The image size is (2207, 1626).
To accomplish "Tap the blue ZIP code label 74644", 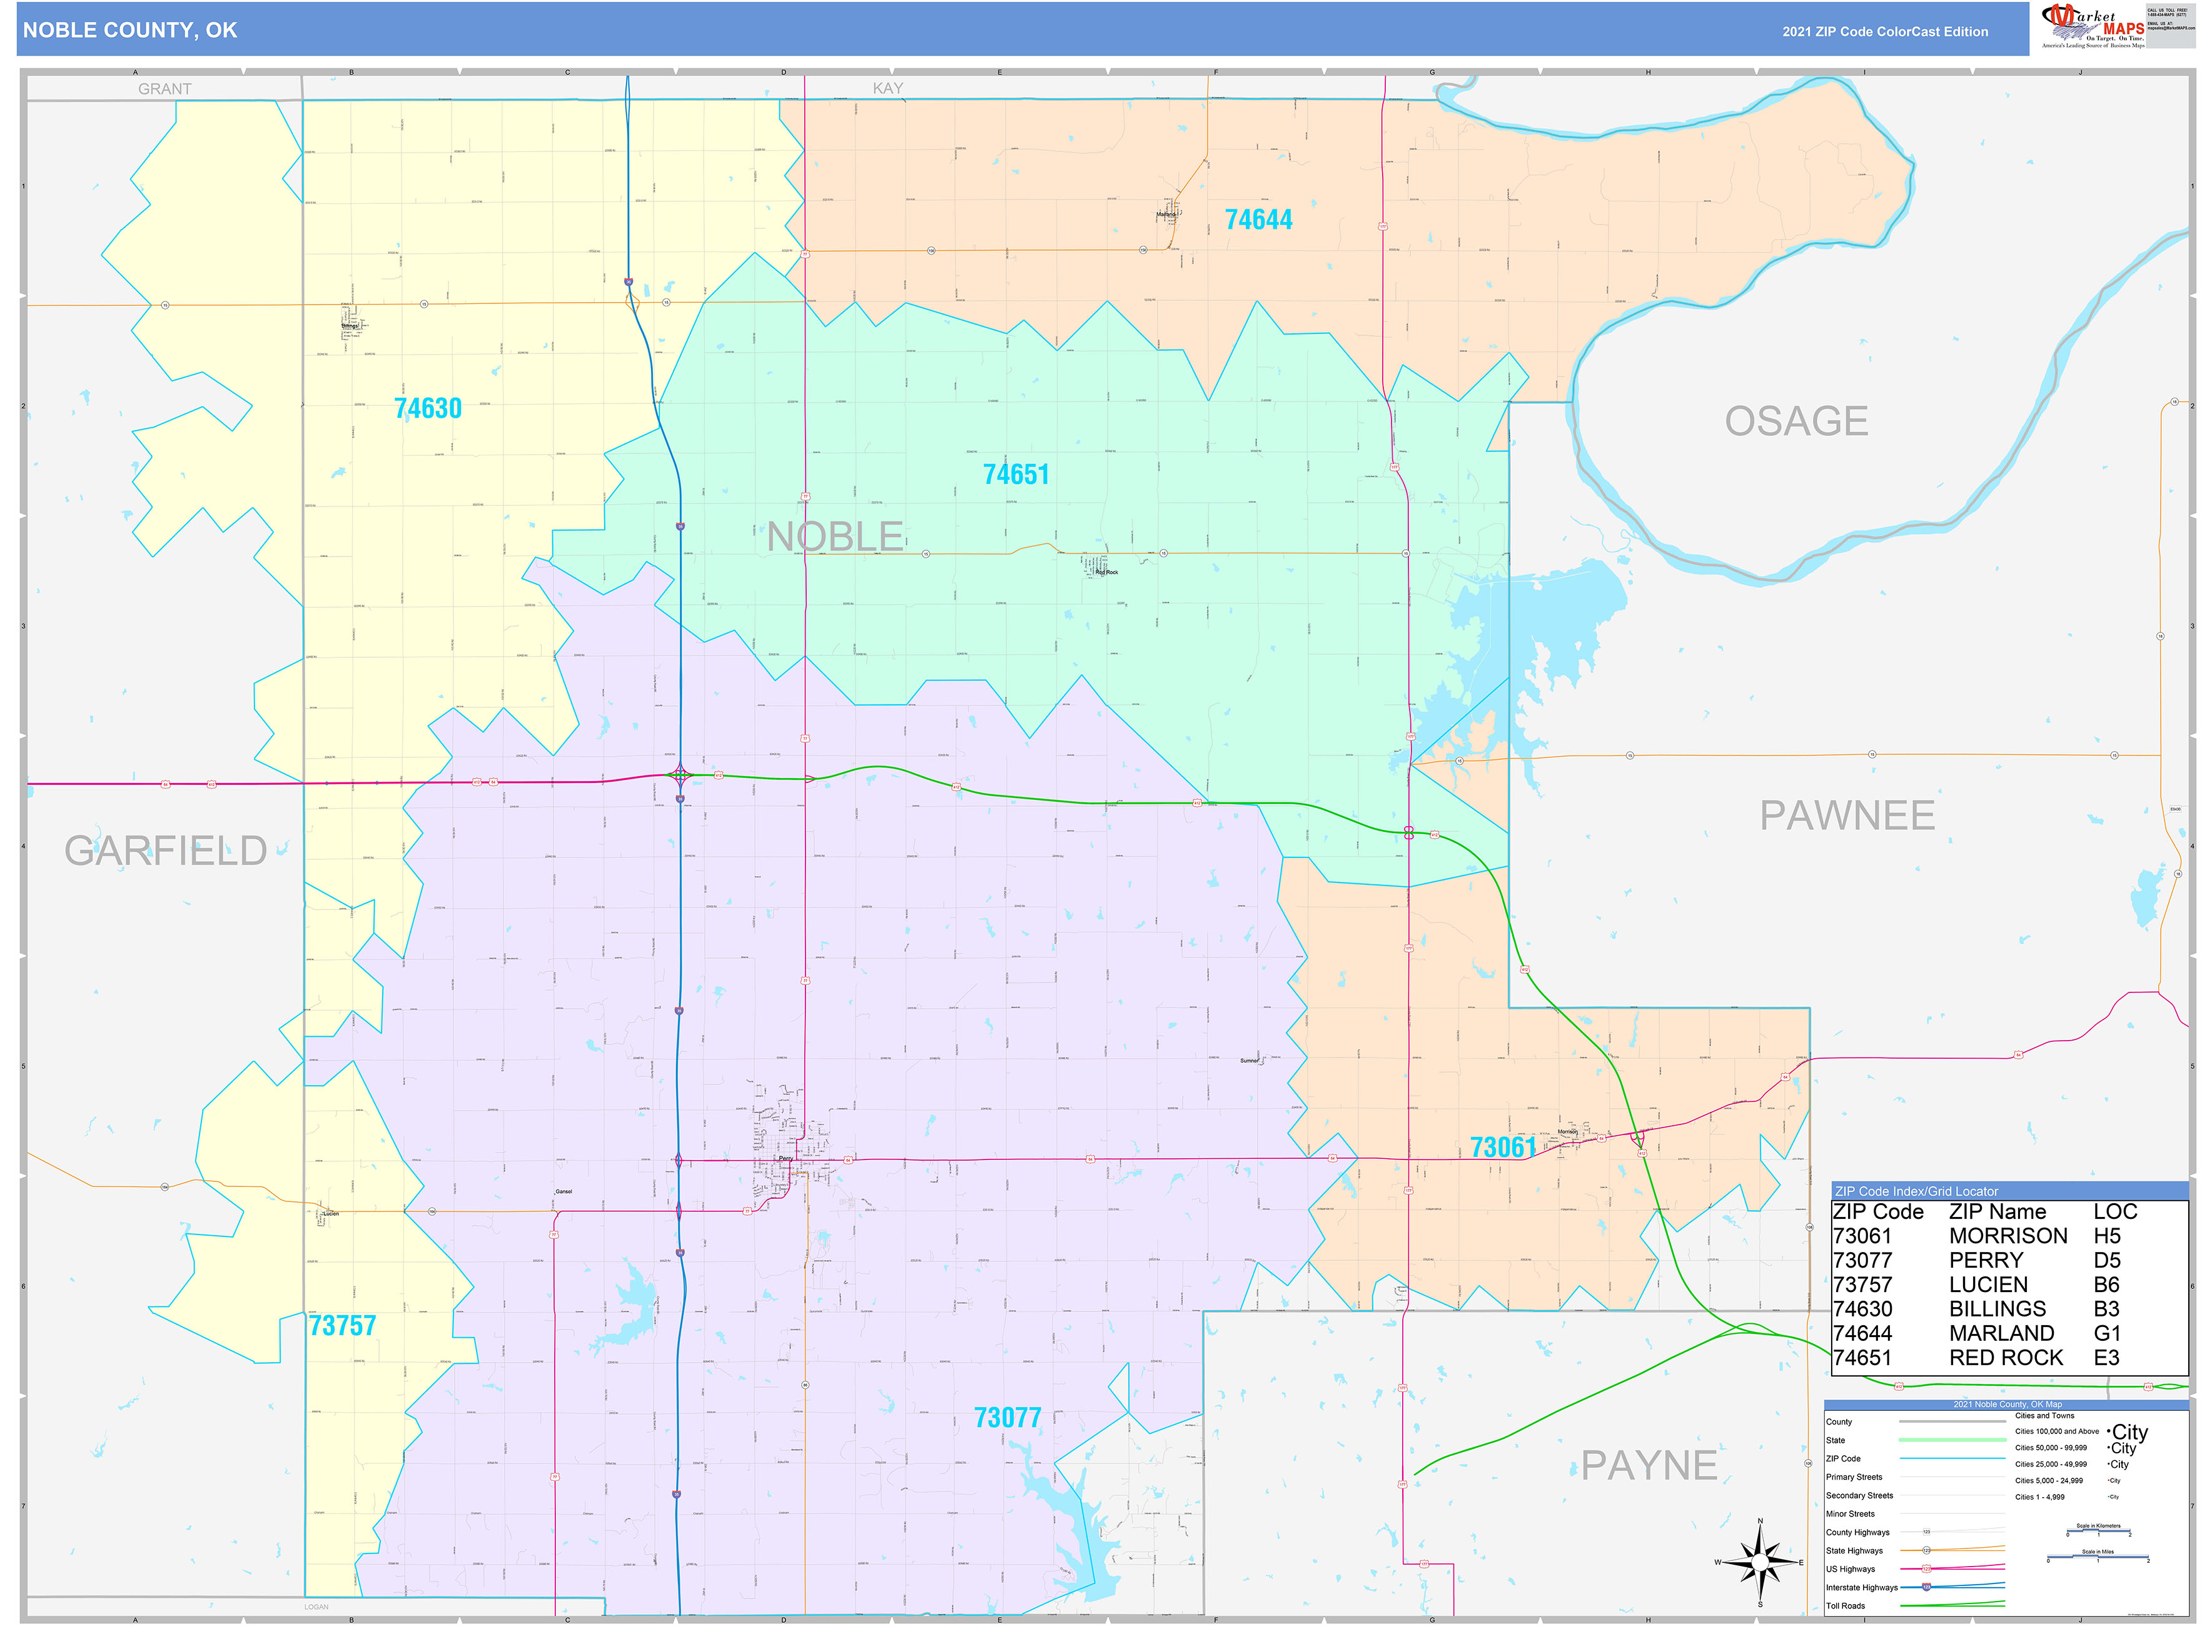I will (1258, 220).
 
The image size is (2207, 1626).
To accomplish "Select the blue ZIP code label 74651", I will (1016, 475).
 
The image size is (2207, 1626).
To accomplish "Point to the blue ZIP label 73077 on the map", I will (1007, 1417).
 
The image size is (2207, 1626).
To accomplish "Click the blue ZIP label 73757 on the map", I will (343, 1326).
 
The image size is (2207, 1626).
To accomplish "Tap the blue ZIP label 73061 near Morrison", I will (1502, 1148).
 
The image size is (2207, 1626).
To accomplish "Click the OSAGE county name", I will (1795, 422).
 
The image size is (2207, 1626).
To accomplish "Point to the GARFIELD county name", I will (165, 851).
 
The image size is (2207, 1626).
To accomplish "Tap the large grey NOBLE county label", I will (835, 537).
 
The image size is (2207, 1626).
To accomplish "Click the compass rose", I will (1760, 1562).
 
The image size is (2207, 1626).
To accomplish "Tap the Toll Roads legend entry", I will (1846, 1605).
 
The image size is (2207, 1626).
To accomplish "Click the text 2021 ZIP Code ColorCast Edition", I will (1884, 31).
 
